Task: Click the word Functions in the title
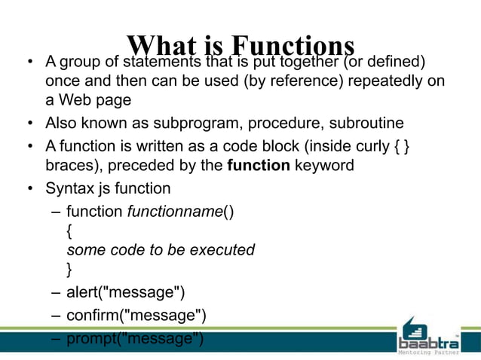293,47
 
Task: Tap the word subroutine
368,123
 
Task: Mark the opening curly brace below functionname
70,231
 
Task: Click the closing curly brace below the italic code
70,268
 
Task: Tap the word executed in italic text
225,250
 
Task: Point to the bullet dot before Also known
29,124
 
